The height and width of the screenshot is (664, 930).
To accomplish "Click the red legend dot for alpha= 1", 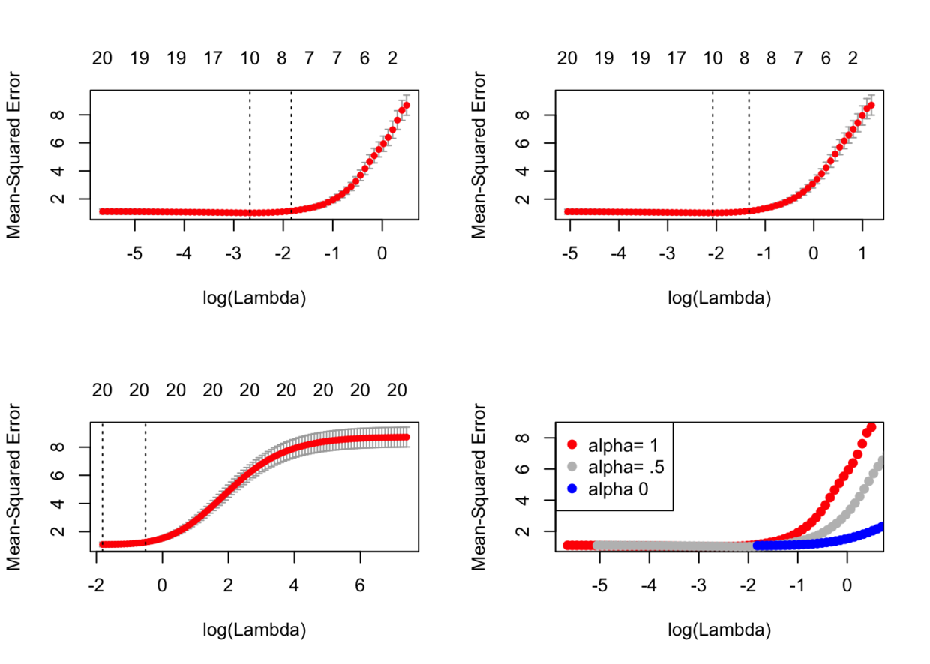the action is (571, 444).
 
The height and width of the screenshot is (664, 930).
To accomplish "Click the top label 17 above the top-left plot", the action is (212, 58).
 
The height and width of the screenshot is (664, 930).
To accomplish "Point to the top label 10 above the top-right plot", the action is (712, 58).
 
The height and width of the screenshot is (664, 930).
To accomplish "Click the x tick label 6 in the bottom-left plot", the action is (360, 585).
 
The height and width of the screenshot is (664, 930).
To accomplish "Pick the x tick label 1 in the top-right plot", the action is (862, 253).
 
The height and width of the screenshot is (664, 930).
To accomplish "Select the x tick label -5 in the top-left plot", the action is (134, 253).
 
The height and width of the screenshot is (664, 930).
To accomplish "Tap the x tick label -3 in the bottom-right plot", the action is (698, 585).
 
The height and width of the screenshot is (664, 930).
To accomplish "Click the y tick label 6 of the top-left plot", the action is (58, 142).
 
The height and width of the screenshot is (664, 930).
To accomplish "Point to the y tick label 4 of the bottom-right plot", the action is (523, 500).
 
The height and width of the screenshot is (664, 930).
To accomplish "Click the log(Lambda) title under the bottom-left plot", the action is (254, 630).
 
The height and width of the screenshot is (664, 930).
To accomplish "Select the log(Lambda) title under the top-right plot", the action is (719, 298).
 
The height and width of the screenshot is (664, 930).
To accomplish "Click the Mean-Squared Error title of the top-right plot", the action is (478, 155).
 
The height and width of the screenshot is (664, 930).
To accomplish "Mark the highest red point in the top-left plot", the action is (406, 106).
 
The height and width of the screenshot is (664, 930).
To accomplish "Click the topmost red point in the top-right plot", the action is (871, 106).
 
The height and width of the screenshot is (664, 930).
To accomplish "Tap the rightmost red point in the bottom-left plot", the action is (406, 437).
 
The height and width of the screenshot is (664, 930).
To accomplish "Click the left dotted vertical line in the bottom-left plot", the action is (103, 487).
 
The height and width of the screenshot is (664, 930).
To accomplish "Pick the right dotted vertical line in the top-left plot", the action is (292, 154).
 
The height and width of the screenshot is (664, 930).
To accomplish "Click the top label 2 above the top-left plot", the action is (392, 58).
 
